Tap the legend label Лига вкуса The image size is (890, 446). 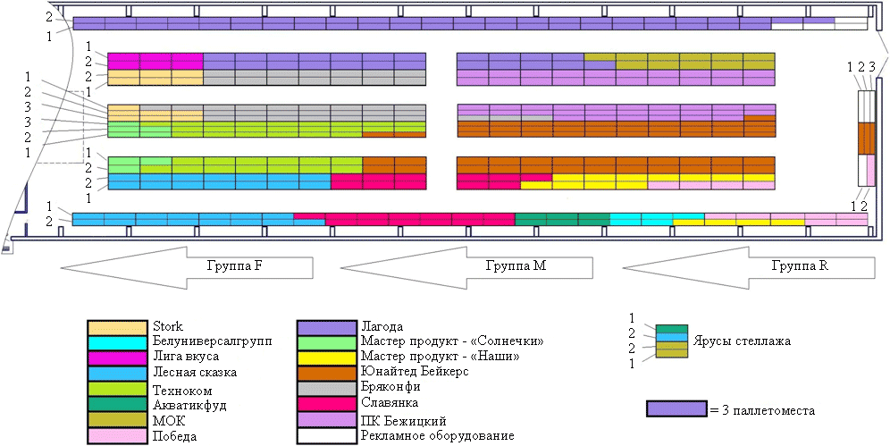(x=186, y=357)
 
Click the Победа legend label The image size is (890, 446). (x=175, y=436)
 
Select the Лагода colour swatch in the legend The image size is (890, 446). (x=328, y=327)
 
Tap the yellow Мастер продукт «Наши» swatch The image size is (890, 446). (x=328, y=358)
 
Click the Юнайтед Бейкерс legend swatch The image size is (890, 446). (x=328, y=374)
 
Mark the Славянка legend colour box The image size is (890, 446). (x=328, y=405)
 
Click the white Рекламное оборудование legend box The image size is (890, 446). (x=328, y=436)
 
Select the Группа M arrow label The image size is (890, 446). (x=516, y=265)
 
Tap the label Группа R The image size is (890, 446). (x=794, y=265)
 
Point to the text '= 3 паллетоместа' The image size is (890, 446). (x=760, y=410)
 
